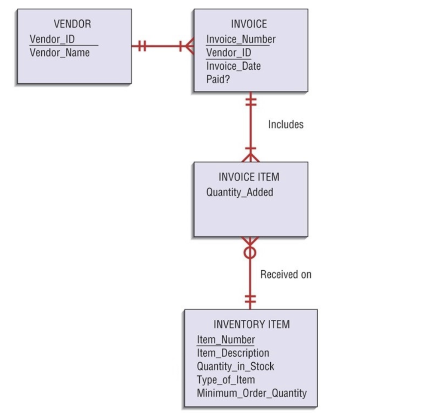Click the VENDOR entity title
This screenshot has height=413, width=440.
click(73, 24)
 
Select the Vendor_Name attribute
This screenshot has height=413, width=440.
click(60, 53)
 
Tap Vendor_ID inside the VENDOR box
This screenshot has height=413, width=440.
click(52, 39)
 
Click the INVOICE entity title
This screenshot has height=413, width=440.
click(249, 24)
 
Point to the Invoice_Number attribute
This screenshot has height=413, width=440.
click(241, 39)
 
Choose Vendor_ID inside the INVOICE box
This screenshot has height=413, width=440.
click(229, 53)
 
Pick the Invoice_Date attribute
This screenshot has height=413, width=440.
click(233, 66)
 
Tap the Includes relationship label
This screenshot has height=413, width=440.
click(286, 124)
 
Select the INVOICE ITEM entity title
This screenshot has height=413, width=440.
click(249, 177)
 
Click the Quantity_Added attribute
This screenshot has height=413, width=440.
click(239, 192)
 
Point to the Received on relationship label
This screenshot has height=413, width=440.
click(286, 274)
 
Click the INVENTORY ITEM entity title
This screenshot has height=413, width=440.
click(251, 324)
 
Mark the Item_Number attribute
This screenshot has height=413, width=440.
click(226, 340)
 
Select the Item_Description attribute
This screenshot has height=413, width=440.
click(233, 353)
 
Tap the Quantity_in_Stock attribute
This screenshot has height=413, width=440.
click(235, 367)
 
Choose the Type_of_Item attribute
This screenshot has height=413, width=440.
click(226, 380)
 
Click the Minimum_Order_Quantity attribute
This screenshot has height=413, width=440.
click(252, 393)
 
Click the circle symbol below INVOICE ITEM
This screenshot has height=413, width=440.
click(250, 253)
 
